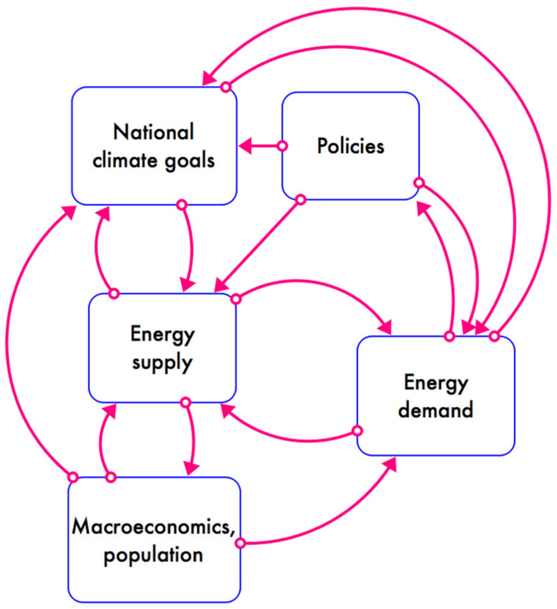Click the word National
click(153, 132)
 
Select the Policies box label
click(351, 146)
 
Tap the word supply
click(162, 362)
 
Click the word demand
click(436, 410)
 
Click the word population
click(153, 555)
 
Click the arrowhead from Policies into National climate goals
click(246, 146)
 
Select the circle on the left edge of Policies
click(283, 146)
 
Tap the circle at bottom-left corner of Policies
click(300, 199)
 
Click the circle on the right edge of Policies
click(419, 182)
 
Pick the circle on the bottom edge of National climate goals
click(182, 205)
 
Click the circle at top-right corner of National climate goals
click(226, 87)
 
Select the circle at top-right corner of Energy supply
click(236, 299)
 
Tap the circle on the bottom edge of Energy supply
click(186, 403)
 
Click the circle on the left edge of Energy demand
click(358, 431)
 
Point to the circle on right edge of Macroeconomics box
click(240, 543)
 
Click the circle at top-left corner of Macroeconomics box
click(73, 477)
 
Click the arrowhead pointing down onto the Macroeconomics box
click(191, 469)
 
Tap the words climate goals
click(153, 161)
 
